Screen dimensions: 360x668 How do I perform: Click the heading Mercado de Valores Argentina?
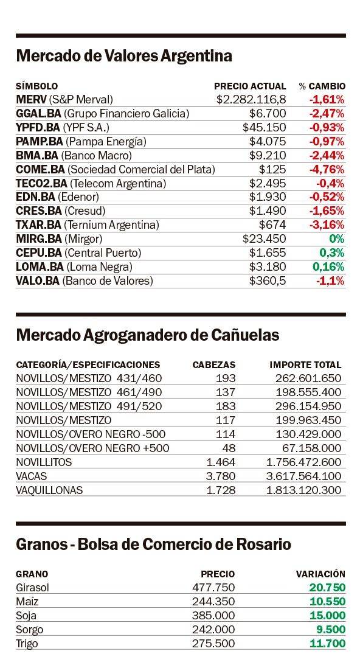[x=124, y=56]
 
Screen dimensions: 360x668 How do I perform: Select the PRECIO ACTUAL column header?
[x=250, y=86]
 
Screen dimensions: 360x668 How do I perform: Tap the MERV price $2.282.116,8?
[x=251, y=100]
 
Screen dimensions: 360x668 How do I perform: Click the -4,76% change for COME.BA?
[x=327, y=170]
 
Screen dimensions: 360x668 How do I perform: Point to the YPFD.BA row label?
[x=63, y=127]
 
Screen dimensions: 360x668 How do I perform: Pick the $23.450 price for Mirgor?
[x=264, y=239]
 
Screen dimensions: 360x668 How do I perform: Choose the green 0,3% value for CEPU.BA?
[x=332, y=253]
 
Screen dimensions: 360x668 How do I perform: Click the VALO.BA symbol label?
[x=39, y=280]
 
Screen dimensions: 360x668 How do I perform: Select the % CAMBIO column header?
[x=322, y=86]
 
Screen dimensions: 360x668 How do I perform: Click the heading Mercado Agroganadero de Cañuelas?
[x=148, y=335]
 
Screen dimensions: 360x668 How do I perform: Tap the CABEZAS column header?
[x=214, y=365]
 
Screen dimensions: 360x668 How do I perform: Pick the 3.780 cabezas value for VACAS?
[x=221, y=476]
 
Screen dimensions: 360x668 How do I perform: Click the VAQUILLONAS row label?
[x=49, y=490]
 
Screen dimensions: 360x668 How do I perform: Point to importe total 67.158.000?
[x=312, y=448]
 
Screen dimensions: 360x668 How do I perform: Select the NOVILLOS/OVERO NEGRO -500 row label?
[x=91, y=434]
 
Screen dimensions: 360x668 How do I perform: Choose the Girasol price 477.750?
[x=213, y=588]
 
